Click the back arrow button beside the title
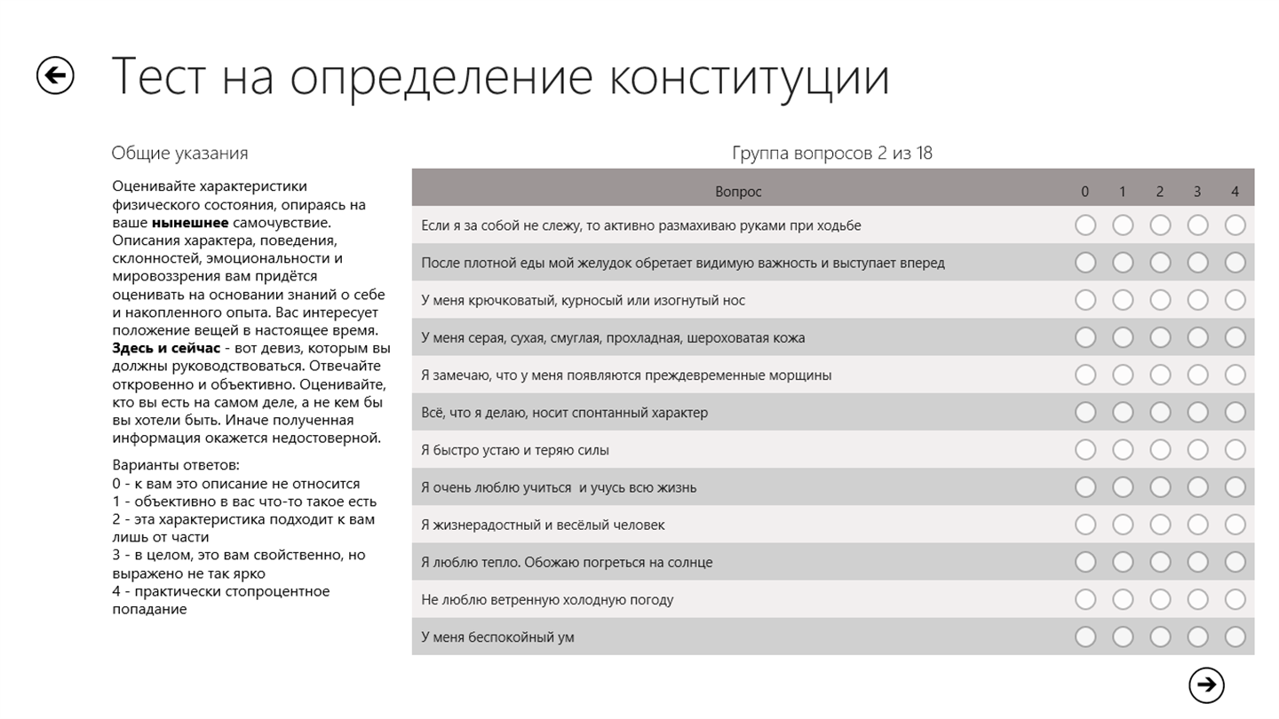(x=55, y=75)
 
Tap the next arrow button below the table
(x=1206, y=684)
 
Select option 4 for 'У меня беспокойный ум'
(x=1235, y=636)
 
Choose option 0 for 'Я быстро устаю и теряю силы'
(x=1084, y=449)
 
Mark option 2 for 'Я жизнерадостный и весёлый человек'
(x=1160, y=525)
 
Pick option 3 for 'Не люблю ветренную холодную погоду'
(x=1197, y=599)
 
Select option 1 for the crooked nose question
(x=1123, y=300)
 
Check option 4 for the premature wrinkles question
(x=1235, y=375)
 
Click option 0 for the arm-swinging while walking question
(x=1084, y=225)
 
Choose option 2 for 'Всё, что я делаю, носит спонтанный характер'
(x=1160, y=412)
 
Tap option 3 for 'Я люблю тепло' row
(x=1197, y=562)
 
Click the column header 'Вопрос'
(x=738, y=192)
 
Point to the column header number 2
(x=1160, y=192)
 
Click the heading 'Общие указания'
(x=179, y=154)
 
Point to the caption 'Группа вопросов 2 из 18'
(x=831, y=154)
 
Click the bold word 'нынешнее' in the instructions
(x=189, y=223)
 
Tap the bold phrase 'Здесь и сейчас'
(x=166, y=348)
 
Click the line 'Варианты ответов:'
(x=176, y=465)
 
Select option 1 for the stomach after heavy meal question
(x=1123, y=263)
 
